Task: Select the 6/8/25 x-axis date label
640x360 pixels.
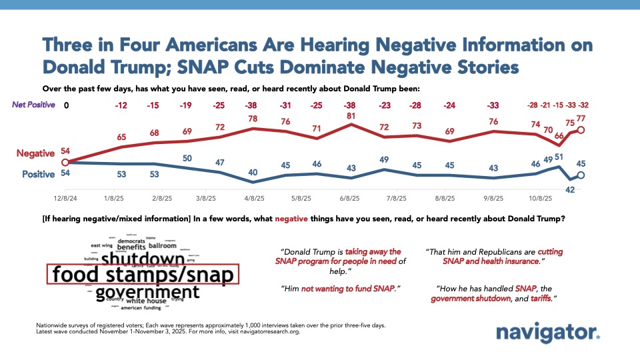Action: (350, 198)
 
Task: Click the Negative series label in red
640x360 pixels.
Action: (35, 153)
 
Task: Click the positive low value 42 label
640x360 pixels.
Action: (570, 189)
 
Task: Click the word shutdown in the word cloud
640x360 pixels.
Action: (142, 259)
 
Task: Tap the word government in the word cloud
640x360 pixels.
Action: (147, 292)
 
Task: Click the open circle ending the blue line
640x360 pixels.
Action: (581, 175)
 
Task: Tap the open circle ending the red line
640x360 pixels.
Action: (581, 131)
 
